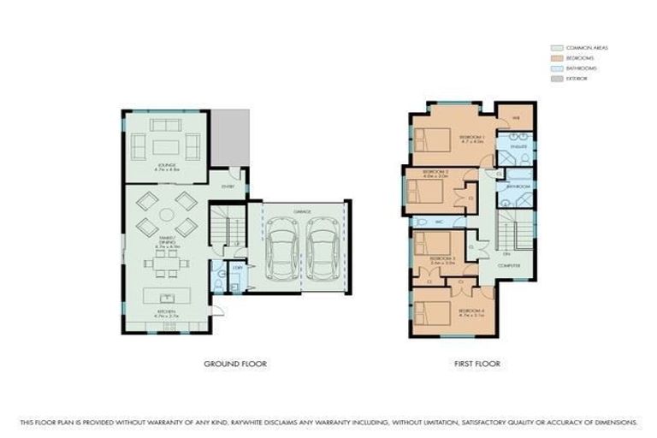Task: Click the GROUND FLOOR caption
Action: (235, 364)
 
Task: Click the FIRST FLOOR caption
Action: (476, 364)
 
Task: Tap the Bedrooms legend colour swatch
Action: (556, 57)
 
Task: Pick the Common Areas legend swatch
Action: (556, 47)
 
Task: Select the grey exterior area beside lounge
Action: (229, 137)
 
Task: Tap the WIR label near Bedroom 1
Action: (516, 117)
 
